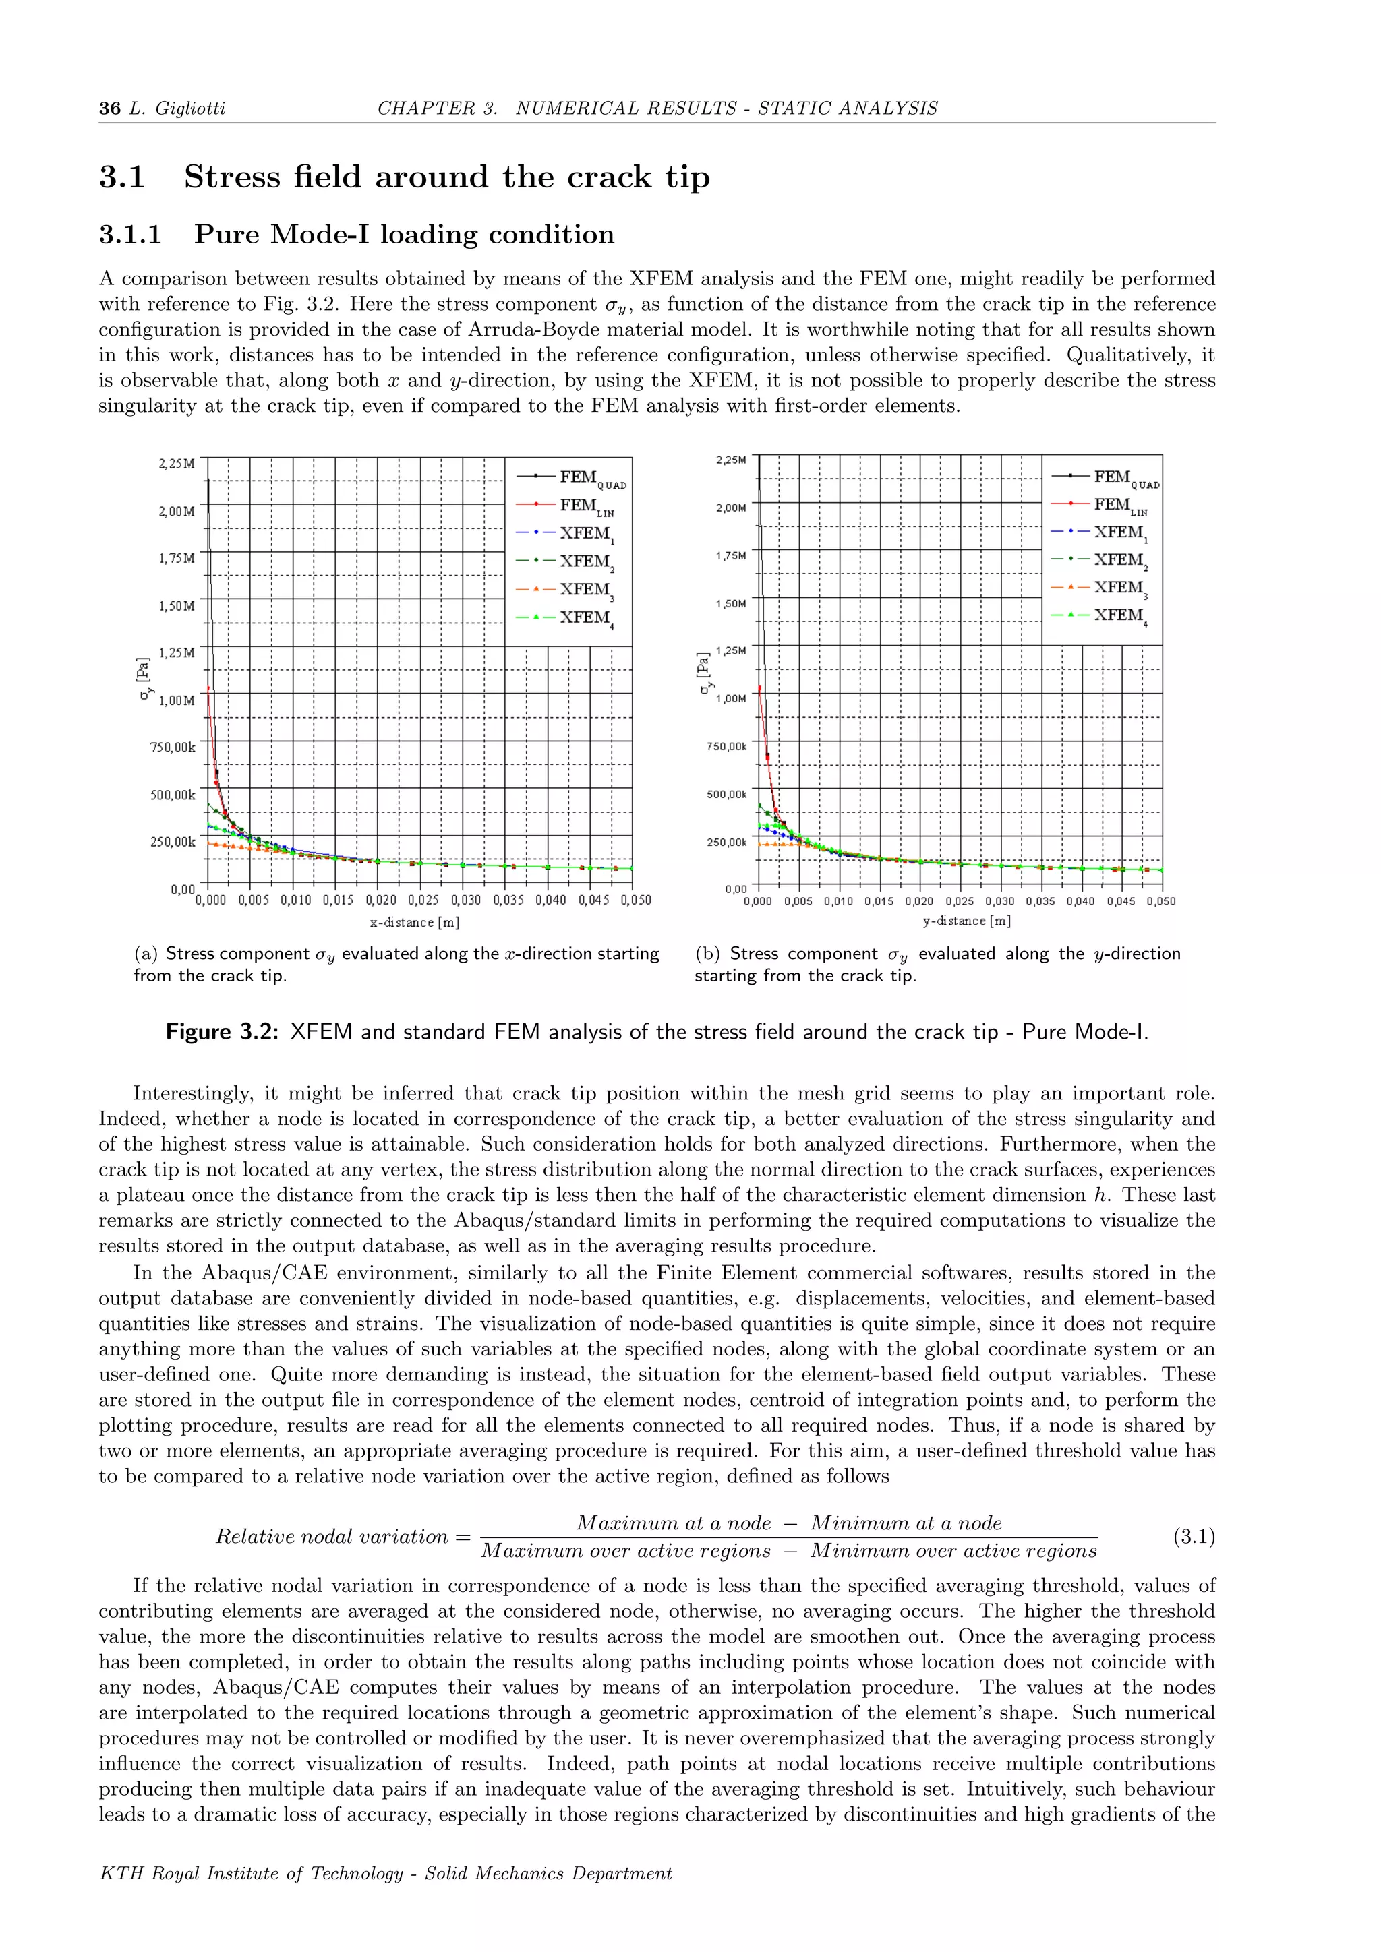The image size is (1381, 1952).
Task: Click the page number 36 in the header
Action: point(110,108)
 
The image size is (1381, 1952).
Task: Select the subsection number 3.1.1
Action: point(130,234)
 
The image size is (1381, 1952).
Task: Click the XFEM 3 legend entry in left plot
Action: point(586,590)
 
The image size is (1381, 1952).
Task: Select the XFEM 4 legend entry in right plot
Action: point(1118,616)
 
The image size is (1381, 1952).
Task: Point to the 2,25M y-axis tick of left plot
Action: point(177,464)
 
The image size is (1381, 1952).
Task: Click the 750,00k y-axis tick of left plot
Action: point(173,748)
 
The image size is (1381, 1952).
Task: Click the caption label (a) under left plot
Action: point(146,954)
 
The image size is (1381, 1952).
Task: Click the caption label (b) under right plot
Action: point(707,954)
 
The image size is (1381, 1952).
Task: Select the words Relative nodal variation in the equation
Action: point(332,1536)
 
